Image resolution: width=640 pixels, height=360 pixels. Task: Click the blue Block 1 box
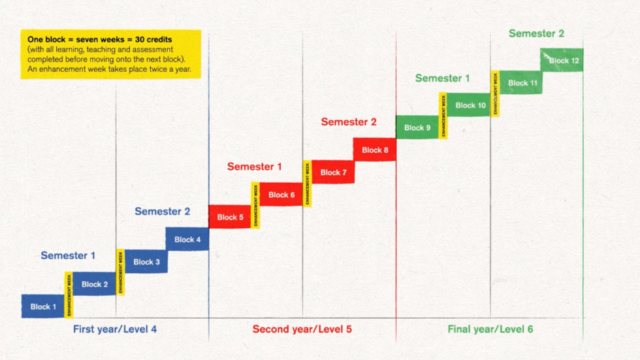click(43, 306)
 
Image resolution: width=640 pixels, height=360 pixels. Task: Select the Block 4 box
click(187, 239)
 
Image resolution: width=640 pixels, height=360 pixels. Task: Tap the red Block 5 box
click(230, 217)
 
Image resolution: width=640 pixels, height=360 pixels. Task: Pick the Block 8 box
click(374, 150)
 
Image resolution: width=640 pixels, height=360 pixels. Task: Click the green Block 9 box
click(417, 127)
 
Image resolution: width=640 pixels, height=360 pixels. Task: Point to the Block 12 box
click(562, 60)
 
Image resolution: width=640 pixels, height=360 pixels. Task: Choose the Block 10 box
click(470, 105)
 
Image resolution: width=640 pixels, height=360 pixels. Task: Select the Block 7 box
click(333, 172)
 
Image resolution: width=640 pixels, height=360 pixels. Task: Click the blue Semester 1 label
click(68, 255)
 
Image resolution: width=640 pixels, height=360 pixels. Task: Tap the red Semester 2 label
click(349, 122)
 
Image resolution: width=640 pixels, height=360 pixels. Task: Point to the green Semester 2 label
click(537, 33)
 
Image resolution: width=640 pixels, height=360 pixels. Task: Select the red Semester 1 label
click(255, 166)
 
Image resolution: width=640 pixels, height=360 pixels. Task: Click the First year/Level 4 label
click(115, 329)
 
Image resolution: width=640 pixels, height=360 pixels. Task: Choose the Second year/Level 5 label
click(302, 329)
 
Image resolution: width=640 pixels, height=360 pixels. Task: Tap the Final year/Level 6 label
click(490, 329)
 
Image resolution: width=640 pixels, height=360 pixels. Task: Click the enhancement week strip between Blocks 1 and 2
click(69, 295)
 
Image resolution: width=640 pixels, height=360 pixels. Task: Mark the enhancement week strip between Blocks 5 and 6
click(256, 205)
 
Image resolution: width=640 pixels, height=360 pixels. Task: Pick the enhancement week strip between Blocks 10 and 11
click(496, 93)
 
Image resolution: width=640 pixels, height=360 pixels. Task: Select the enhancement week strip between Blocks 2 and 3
click(121, 272)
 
